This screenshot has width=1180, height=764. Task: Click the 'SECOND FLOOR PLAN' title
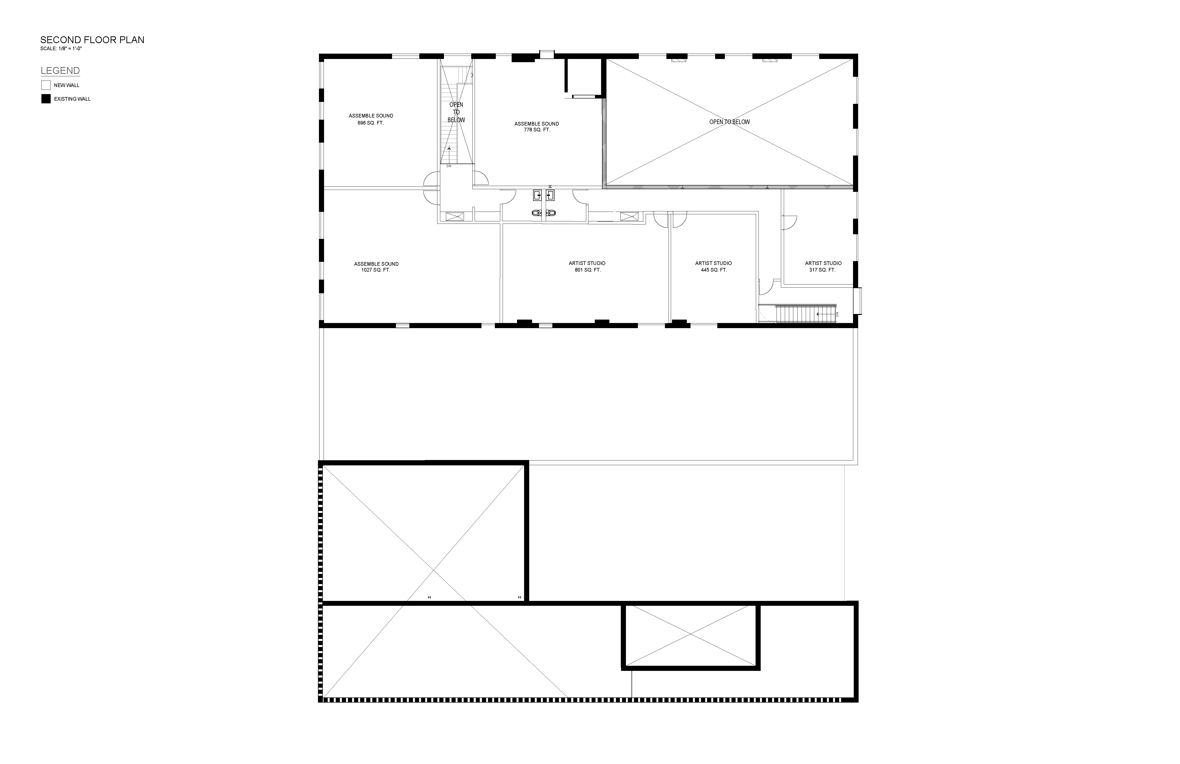coord(92,40)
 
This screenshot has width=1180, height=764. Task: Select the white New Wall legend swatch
coord(46,85)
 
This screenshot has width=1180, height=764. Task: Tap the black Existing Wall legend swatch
coord(46,99)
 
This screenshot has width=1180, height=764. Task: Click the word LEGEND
coord(60,70)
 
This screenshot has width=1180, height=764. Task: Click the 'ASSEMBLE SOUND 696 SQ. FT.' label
coord(371,119)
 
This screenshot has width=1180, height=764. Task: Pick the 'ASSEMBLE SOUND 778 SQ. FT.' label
coord(537,127)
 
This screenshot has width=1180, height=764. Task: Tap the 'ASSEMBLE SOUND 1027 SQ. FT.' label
coord(376,267)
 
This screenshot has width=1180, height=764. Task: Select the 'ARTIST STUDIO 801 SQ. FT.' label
coord(587,266)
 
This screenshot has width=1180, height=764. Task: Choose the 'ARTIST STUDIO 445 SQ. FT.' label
coord(713,266)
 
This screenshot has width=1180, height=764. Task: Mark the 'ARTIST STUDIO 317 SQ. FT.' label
coord(823,266)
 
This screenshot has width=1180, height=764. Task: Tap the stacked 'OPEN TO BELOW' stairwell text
coord(456,112)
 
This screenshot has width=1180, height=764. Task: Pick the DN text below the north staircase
coord(449,166)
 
